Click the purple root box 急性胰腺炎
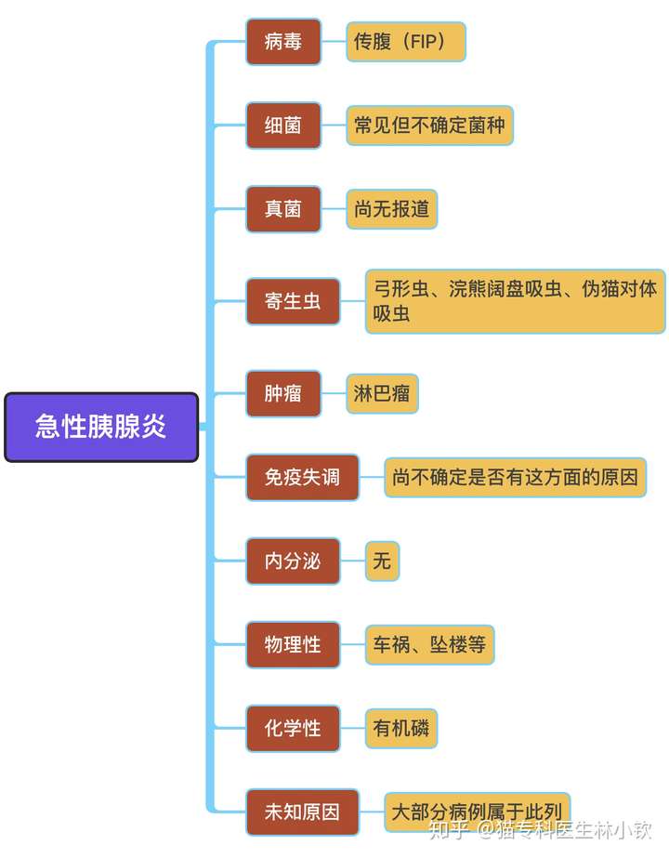pos(101,427)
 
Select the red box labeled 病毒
pos(283,42)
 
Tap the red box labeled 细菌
pos(283,125)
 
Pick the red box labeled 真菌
pos(283,208)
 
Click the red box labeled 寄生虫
pos(293,301)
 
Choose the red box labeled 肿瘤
pos(283,393)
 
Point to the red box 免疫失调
pos(302,477)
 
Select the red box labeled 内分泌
pos(293,561)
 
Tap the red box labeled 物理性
pos(293,644)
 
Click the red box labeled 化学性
pos(293,728)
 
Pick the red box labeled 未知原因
pos(302,812)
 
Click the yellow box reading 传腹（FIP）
pos(406,42)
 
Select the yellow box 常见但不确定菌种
pos(429,125)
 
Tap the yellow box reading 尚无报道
pos(391,208)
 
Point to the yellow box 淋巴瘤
pos(382,393)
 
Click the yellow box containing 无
pos(382,561)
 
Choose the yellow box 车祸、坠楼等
pos(429,644)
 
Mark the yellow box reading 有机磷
pos(400,728)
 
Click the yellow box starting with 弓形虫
pos(515,301)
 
